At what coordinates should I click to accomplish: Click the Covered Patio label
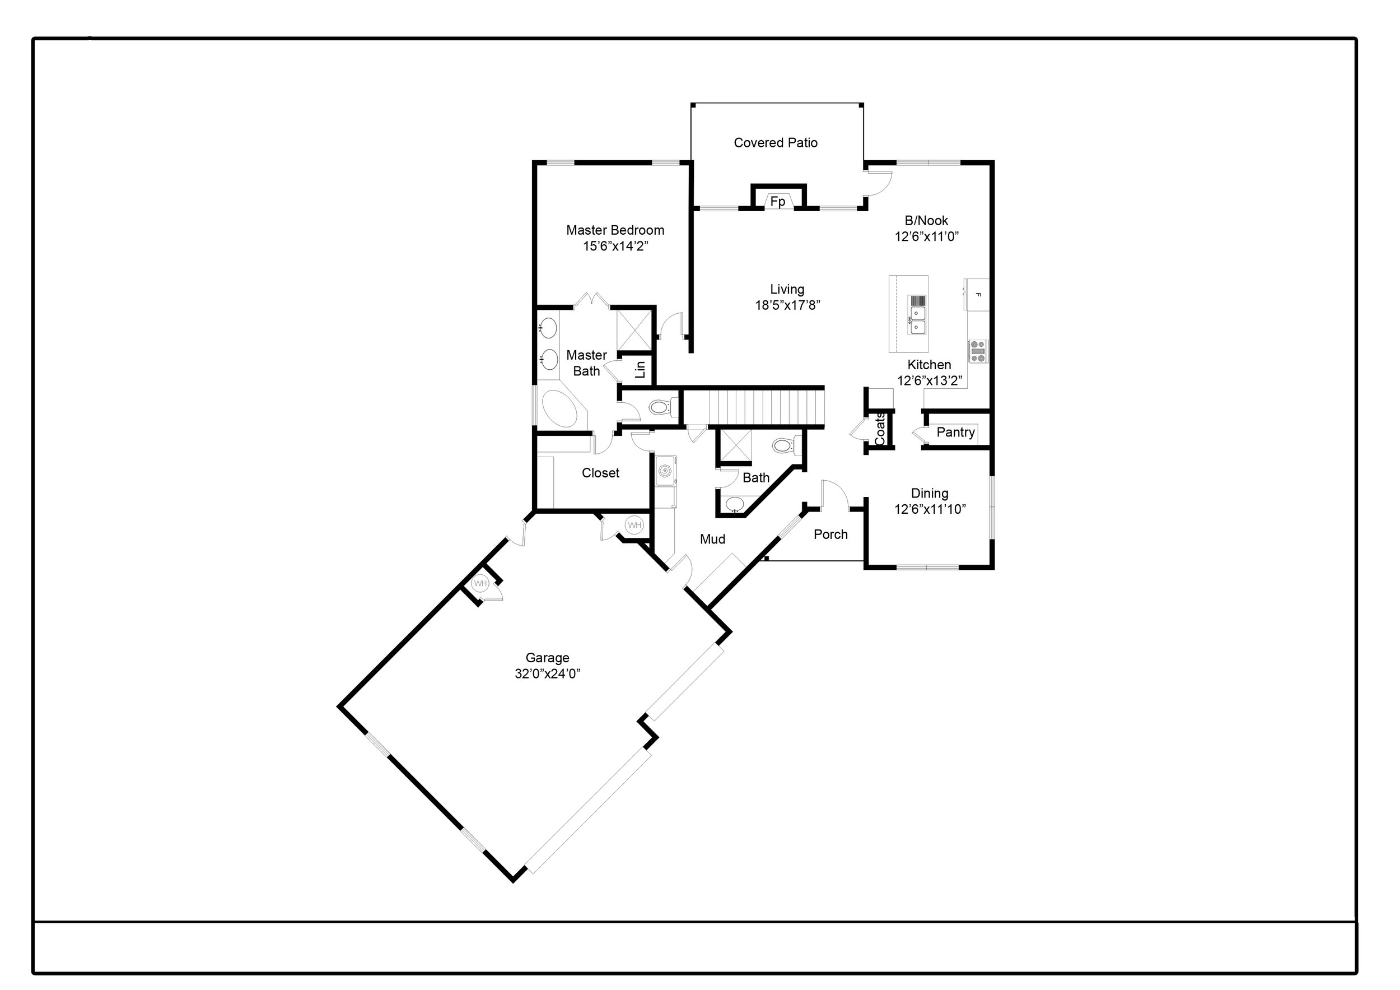point(776,143)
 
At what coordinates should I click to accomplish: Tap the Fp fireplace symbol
point(778,201)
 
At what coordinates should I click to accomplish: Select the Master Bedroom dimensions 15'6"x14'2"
point(615,247)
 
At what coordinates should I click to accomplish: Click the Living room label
point(787,289)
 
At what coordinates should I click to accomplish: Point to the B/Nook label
point(926,221)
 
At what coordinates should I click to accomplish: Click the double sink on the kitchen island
point(918,320)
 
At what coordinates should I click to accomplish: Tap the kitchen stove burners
point(978,351)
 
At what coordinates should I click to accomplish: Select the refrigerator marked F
point(976,295)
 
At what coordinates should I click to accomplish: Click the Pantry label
point(955,433)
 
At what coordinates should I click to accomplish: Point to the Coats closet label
point(880,429)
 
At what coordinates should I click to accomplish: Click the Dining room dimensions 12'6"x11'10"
point(930,509)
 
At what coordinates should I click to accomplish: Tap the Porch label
point(830,534)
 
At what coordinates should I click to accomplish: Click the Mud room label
point(712,539)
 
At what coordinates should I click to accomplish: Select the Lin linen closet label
point(640,369)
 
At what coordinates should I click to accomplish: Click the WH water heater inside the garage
point(480,584)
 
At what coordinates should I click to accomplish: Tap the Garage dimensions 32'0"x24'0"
point(548,673)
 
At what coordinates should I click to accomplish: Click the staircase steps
point(754,407)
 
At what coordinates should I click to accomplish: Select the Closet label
point(601,473)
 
